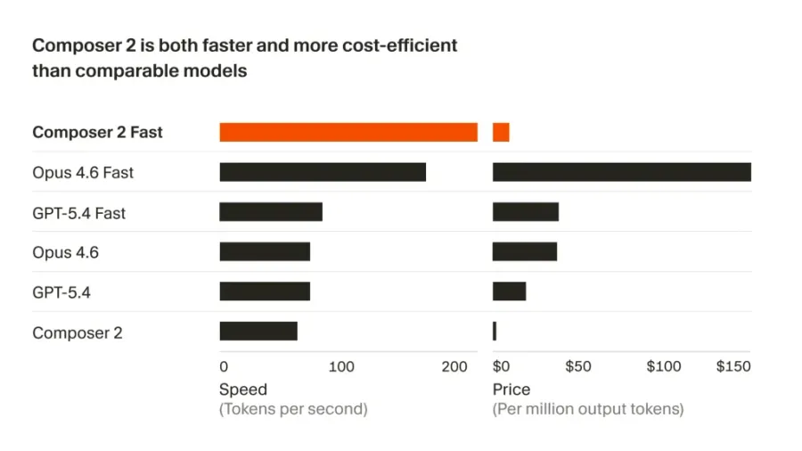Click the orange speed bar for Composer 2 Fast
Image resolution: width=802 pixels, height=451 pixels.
click(348, 132)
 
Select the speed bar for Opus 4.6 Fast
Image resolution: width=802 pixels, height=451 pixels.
click(323, 172)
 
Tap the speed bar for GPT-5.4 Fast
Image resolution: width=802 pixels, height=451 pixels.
click(271, 212)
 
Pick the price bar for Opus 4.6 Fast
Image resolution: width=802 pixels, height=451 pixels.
click(621, 172)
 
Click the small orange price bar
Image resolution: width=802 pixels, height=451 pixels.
click(501, 132)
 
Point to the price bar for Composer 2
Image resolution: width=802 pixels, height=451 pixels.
click(495, 332)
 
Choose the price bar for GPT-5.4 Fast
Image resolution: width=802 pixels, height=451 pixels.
click(526, 212)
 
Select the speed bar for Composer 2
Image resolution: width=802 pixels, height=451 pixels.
click(258, 332)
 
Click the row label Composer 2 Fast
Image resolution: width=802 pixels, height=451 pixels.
click(97, 132)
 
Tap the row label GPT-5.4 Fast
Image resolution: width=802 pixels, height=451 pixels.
click(78, 213)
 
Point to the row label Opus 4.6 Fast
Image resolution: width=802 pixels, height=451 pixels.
click(83, 173)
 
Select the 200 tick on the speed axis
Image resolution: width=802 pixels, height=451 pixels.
click(454, 366)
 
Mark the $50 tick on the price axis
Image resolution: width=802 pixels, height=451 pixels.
click(577, 366)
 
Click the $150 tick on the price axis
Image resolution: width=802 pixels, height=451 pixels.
click(733, 366)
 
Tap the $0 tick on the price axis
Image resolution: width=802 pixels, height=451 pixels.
click(501, 366)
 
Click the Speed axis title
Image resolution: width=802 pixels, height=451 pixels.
click(243, 389)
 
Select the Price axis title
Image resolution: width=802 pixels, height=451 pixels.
click(511, 389)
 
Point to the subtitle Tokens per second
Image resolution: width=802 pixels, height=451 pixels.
click(292, 409)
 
